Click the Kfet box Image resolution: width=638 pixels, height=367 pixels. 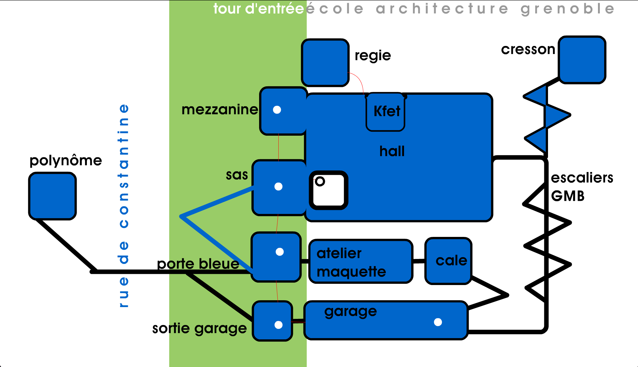(x=385, y=112)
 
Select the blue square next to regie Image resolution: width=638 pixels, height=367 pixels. (x=325, y=63)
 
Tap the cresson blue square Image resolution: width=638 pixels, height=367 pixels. (x=582, y=60)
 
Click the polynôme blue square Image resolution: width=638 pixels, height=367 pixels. (x=52, y=196)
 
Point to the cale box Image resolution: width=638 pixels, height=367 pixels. (x=448, y=261)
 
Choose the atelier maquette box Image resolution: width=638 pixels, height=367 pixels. (x=361, y=261)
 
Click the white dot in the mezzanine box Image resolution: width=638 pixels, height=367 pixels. (x=277, y=110)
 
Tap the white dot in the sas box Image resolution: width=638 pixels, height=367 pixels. (x=278, y=187)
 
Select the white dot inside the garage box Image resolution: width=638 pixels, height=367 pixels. (x=438, y=322)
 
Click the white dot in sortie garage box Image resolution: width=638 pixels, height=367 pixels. (x=278, y=325)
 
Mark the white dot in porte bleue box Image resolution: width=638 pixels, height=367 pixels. (x=280, y=252)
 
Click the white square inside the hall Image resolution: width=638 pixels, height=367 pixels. (x=329, y=190)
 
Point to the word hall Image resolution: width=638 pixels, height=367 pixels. (x=392, y=152)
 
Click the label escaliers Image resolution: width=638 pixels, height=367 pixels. (x=582, y=178)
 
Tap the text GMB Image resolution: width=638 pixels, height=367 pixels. (x=568, y=196)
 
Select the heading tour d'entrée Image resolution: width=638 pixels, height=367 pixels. (x=258, y=9)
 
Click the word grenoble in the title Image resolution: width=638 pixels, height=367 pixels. (x=568, y=9)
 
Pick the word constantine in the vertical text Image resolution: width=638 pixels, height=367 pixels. (x=124, y=166)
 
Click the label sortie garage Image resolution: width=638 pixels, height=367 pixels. (x=200, y=328)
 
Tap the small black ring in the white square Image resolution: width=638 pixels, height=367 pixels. (x=320, y=181)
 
